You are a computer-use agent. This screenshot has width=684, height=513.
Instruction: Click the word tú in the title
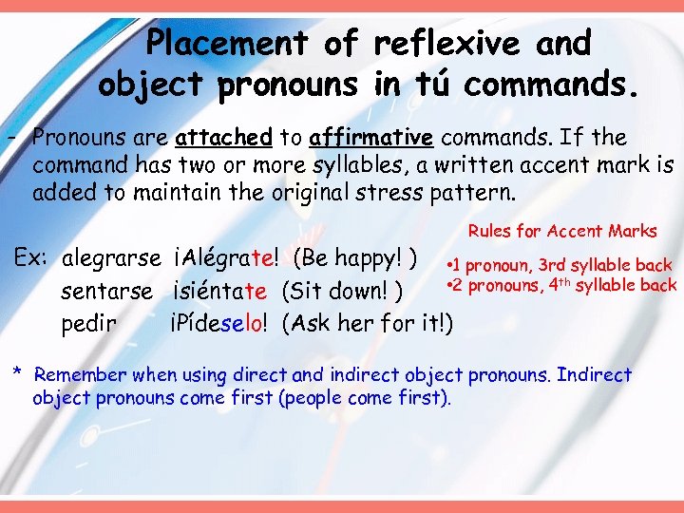(427, 85)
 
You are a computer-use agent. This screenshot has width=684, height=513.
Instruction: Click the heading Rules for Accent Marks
(562, 231)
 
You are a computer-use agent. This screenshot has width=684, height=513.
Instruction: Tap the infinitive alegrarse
(111, 258)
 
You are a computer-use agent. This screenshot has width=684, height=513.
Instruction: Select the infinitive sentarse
(106, 290)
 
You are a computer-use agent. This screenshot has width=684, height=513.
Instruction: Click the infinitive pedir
(89, 323)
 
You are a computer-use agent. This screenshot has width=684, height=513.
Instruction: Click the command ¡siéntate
(220, 290)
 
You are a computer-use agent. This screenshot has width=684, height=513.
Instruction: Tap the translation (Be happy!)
(357, 258)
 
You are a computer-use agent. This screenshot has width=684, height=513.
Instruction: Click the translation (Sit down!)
(345, 290)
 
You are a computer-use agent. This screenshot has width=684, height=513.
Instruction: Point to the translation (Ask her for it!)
(369, 323)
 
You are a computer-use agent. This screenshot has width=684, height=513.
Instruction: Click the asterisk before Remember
(17, 371)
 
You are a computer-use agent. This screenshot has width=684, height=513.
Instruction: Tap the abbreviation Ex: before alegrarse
(30, 258)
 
